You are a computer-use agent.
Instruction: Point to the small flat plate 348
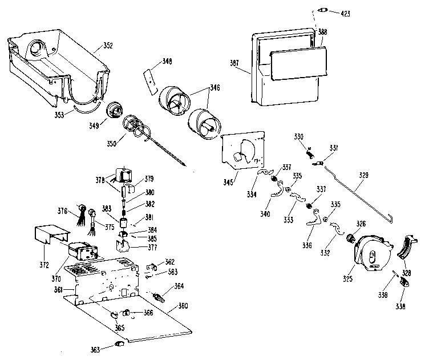pyautogui.click(x=151, y=79)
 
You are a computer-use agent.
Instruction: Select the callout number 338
pyautogui.click(x=401, y=306)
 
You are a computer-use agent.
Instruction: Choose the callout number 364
pyautogui.click(x=179, y=285)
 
